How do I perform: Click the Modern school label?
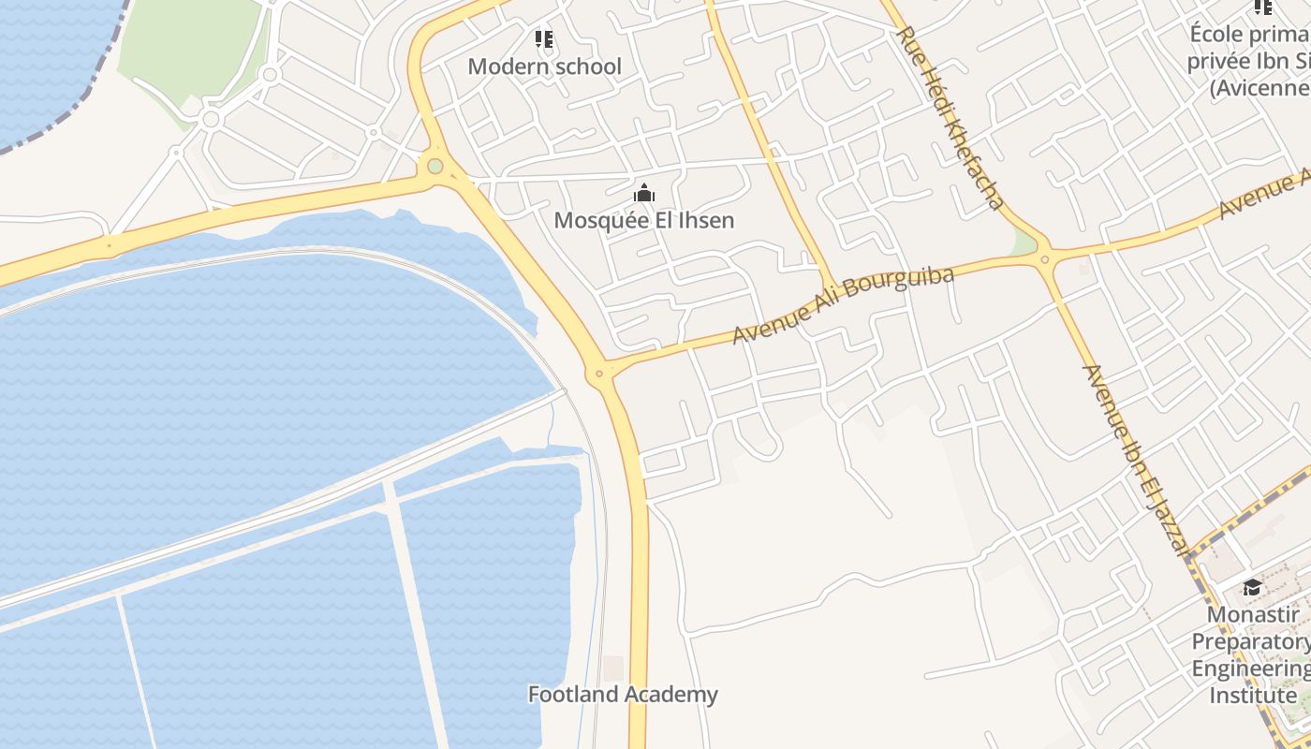click(x=544, y=66)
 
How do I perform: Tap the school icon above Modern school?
click(x=544, y=39)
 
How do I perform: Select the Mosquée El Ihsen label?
click(x=644, y=220)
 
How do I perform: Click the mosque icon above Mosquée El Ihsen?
click(x=644, y=194)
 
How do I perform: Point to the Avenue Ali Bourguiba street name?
click(x=843, y=305)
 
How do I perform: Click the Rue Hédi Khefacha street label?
click(x=950, y=116)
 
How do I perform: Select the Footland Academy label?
click(x=623, y=695)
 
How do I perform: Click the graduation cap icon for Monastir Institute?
click(x=1251, y=588)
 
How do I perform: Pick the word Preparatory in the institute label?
click(x=1250, y=642)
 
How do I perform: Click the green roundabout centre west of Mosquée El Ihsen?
click(x=435, y=167)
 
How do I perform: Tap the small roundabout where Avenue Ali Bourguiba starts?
click(x=599, y=374)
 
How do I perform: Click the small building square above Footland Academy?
click(x=613, y=668)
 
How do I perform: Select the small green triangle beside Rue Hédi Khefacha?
click(x=1024, y=244)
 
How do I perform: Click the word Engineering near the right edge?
click(x=1250, y=669)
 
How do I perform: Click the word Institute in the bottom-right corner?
click(x=1253, y=697)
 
